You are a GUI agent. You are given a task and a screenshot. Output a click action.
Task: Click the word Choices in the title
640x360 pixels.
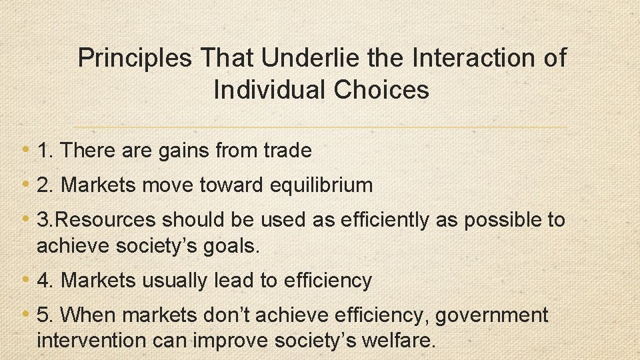(x=383, y=89)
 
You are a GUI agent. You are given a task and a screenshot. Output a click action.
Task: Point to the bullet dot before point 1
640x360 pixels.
(x=25, y=150)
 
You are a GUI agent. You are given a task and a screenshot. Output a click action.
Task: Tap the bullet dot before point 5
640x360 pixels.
(x=25, y=314)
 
